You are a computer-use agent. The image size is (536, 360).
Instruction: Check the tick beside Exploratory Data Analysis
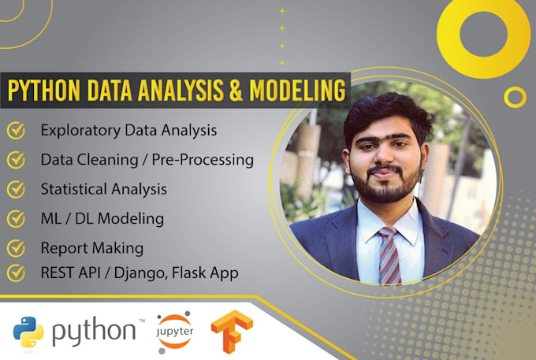click(x=14, y=129)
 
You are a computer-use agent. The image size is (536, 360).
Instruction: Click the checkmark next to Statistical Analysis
click(x=14, y=189)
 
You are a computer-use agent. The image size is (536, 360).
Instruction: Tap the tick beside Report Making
click(x=14, y=248)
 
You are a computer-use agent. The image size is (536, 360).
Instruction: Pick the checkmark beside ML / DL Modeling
click(x=14, y=218)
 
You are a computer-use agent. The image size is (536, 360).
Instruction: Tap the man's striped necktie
click(x=388, y=256)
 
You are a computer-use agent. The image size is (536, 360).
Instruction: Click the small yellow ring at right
click(x=515, y=96)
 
